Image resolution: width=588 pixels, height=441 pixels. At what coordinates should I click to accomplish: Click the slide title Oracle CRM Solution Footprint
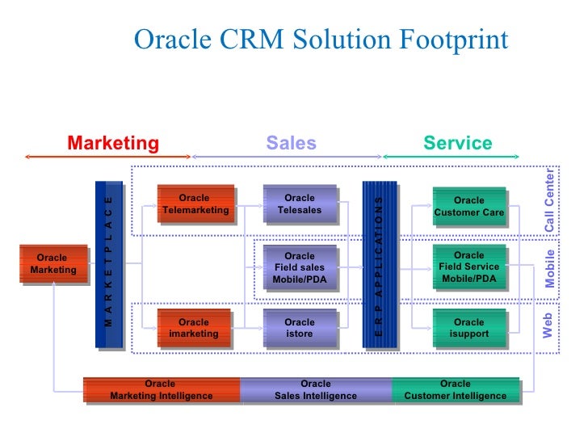321,40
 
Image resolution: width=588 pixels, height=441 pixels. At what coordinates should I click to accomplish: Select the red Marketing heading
113,144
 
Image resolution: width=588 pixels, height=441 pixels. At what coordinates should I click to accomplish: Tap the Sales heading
291,144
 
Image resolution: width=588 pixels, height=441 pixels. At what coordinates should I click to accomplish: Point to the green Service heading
457,144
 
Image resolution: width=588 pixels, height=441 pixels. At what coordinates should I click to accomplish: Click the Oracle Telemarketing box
195,204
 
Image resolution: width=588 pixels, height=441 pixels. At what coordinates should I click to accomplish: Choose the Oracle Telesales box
300,204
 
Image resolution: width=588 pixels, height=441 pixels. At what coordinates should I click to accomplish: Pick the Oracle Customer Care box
468,206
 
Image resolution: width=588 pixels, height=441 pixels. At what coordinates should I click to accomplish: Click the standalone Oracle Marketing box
52,264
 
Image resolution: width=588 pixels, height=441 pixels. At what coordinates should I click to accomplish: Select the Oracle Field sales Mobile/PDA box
300,267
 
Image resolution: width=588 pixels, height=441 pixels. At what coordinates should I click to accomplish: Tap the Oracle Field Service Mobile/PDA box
468,267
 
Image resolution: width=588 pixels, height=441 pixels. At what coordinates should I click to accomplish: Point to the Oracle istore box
300,328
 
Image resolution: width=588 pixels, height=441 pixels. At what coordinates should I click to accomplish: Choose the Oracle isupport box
468,328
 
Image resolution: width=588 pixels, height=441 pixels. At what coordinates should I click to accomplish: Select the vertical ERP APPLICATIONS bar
378,264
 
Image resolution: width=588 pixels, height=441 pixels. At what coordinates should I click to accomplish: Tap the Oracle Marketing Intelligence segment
162,390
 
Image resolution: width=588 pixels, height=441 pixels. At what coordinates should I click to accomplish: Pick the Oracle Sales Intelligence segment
315,390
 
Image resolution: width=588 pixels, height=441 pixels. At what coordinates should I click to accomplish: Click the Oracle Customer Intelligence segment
456,390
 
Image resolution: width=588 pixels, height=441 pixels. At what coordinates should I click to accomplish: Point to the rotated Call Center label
550,200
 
